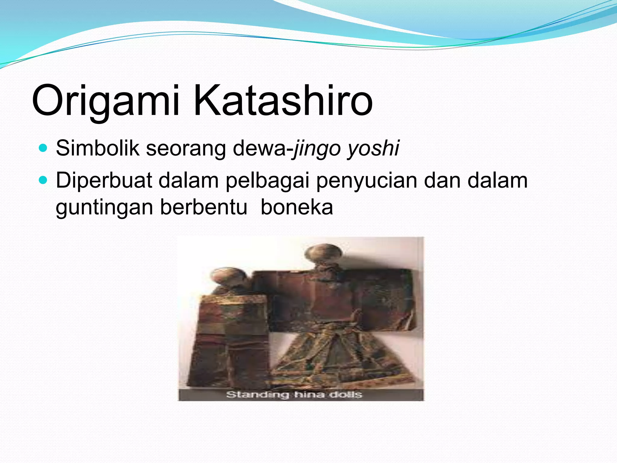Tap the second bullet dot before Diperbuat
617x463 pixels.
(x=43, y=180)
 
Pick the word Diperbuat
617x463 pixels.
(x=104, y=180)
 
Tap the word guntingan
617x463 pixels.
(x=104, y=207)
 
